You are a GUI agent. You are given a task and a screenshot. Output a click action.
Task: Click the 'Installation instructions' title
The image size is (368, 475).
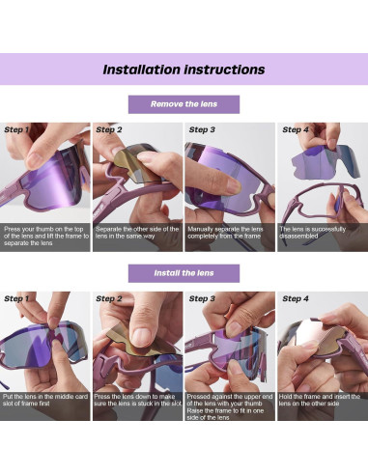[184, 70]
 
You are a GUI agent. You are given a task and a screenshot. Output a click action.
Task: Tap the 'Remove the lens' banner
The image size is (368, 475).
[184, 104]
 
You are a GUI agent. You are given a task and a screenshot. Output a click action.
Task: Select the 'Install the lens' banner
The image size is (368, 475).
[184, 273]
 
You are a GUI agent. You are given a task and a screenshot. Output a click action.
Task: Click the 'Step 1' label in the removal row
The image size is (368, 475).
[16, 129]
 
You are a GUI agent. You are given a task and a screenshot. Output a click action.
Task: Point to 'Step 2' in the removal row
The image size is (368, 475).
[109, 129]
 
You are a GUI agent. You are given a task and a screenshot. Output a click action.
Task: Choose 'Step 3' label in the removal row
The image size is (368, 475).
[202, 129]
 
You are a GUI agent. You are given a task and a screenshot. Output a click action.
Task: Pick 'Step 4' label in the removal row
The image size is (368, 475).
[296, 129]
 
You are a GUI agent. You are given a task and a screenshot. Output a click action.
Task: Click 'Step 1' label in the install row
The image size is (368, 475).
[16, 298]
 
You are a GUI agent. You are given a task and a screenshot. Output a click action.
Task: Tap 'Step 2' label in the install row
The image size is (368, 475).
[109, 298]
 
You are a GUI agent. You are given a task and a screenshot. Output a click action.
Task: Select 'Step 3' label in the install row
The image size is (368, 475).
[202, 298]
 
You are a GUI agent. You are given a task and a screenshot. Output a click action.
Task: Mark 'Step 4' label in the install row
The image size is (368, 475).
[296, 298]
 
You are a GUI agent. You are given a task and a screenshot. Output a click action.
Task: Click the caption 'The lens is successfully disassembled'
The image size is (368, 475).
[312, 233]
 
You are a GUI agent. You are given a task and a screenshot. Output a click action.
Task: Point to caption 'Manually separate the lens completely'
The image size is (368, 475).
[225, 233]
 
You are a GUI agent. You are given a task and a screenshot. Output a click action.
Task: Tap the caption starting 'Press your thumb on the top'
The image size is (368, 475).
[46, 236]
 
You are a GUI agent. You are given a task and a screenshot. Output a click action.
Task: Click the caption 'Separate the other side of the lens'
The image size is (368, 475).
[137, 233]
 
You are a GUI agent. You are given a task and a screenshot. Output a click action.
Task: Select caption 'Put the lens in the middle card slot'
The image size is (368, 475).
[45, 400]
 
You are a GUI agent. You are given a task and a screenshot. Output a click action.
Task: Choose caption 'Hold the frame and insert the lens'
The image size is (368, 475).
[319, 400]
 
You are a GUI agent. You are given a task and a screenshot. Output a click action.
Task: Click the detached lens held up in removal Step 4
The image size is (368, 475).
[326, 162]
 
